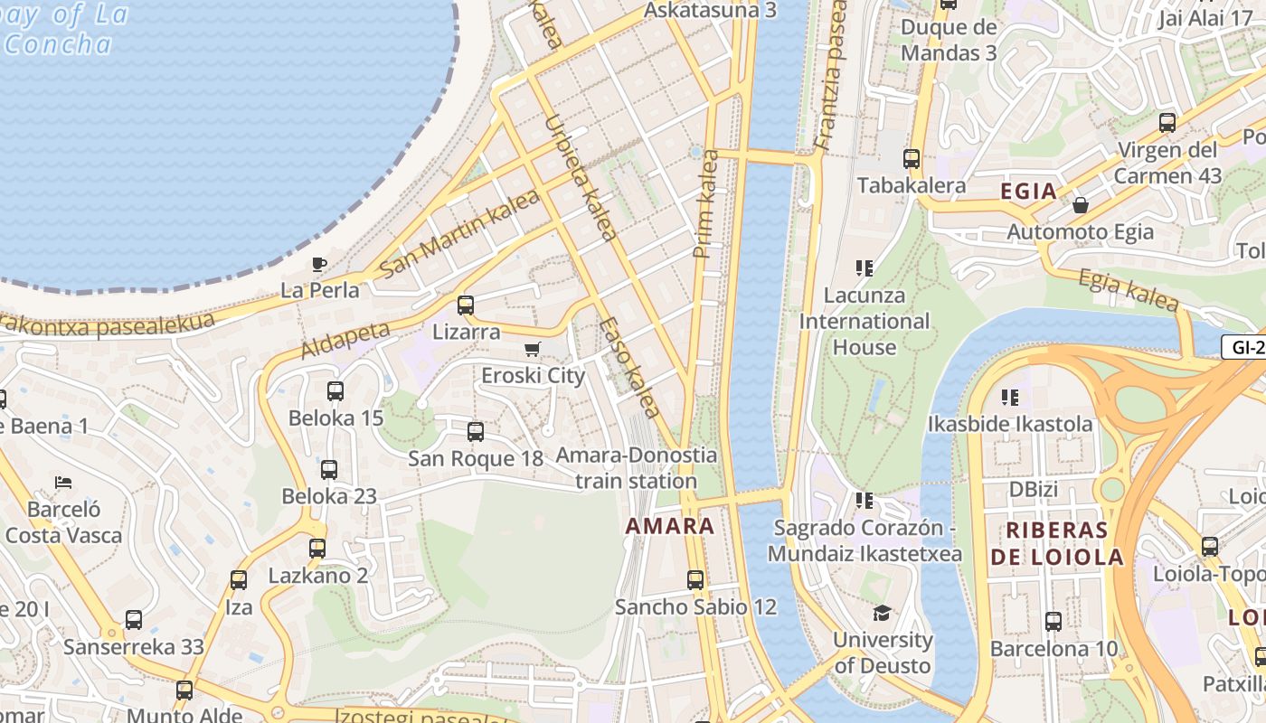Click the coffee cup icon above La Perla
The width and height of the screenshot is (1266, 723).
click(318, 265)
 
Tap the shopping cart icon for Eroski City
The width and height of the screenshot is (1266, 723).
click(533, 350)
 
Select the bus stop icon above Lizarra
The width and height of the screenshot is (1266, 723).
click(466, 305)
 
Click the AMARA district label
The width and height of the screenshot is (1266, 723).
click(670, 526)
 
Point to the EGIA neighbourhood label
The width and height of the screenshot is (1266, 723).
click(1028, 192)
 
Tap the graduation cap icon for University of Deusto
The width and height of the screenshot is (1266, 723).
click(882, 614)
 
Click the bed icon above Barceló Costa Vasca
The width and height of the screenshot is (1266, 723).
click(63, 483)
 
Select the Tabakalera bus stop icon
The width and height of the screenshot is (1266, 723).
click(912, 159)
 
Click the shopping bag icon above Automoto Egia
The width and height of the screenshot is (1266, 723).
click(1080, 206)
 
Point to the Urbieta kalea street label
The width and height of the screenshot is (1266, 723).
click(581, 177)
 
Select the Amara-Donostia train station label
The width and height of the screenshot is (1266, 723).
click(637, 467)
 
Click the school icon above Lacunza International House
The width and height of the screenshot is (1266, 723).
click(864, 268)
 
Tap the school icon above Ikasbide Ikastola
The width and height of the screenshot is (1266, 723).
click(1010, 398)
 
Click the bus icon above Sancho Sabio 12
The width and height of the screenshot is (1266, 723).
click(695, 580)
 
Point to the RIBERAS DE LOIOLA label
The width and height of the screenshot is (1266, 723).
click(1056, 543)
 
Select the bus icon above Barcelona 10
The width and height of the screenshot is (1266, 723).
click(1053, 622)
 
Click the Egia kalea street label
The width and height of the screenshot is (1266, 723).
click(1129, 290)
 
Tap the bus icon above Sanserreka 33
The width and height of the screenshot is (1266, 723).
click(134, 620)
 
